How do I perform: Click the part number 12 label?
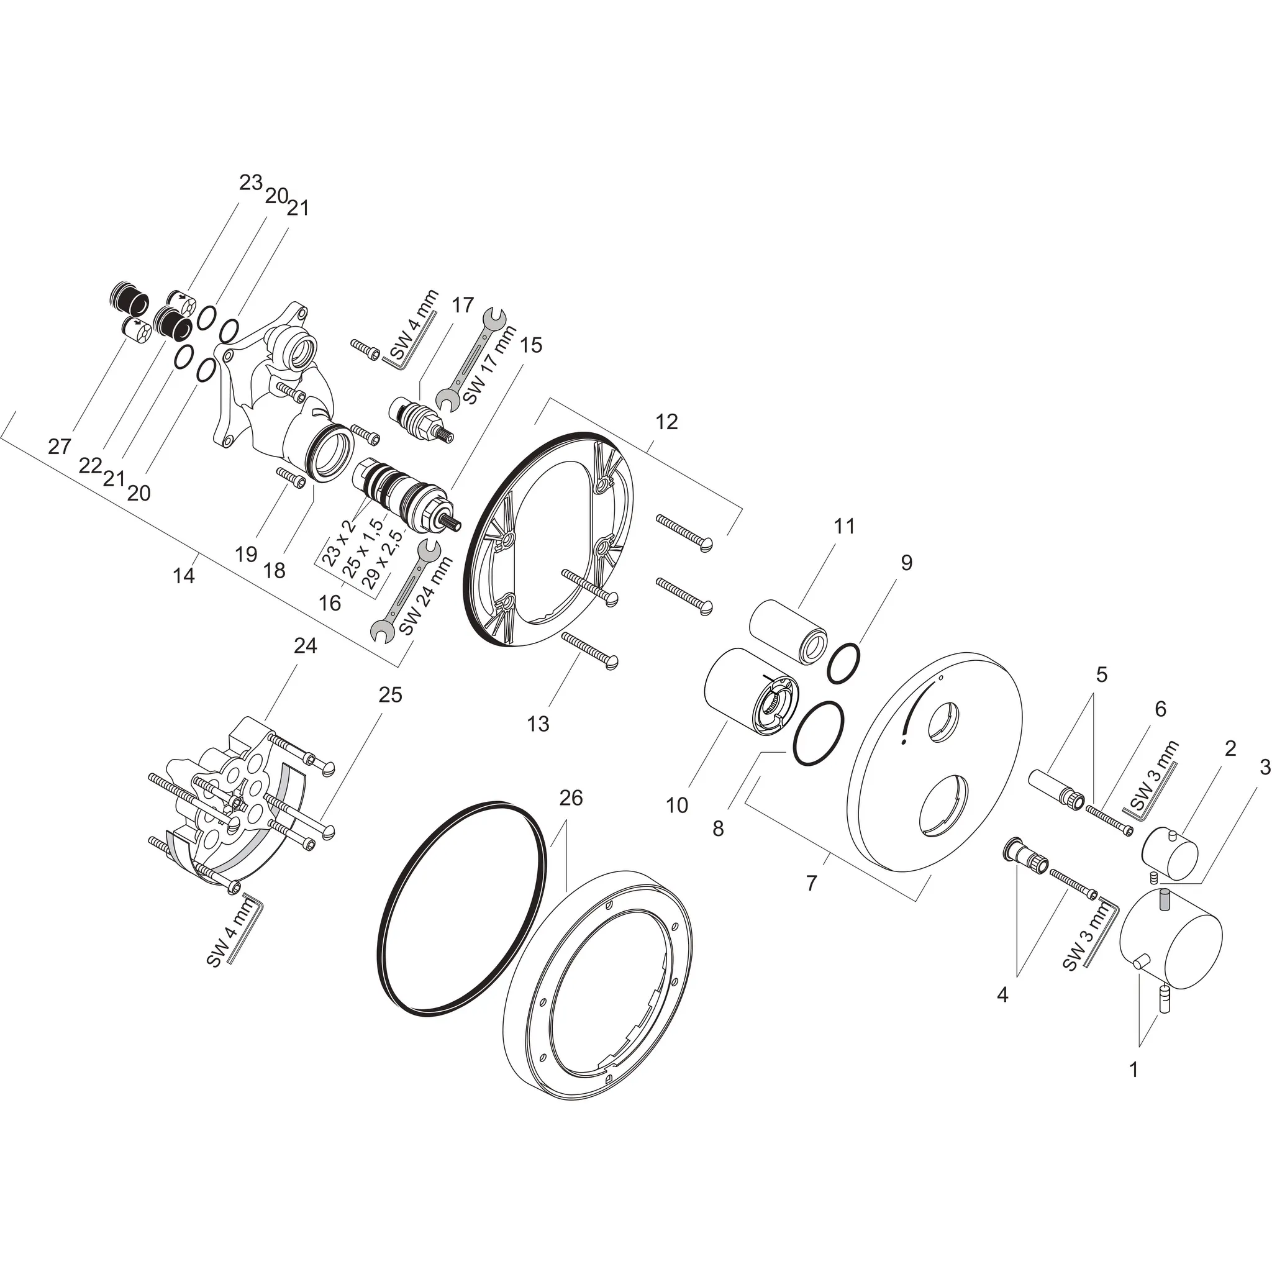click(666, 422)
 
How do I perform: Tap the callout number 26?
click(571, 798)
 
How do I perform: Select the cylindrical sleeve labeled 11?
click(789, 629)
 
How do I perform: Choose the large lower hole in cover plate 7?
click(944, 804)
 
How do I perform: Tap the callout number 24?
click(305, 646)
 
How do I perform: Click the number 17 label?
click(463, 305)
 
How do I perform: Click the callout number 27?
click(59, 447)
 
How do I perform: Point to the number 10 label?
click(677, 804)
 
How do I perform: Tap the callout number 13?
click(538, 724)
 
